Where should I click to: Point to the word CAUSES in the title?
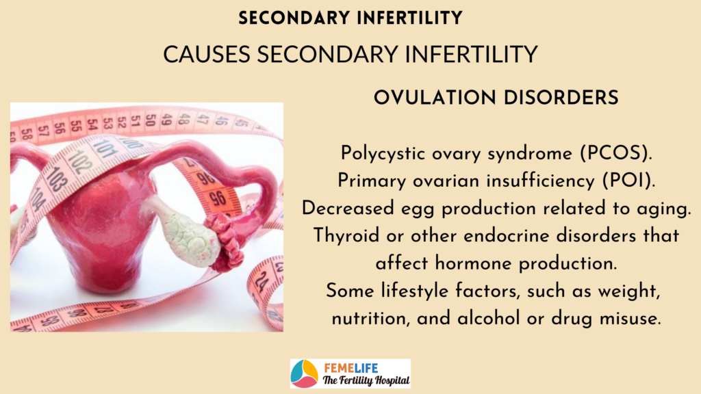pos(207,55)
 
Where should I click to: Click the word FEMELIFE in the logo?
pos(351,368)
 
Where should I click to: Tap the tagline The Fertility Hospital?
pos(366,380)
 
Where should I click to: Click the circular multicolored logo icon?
pos(304,373)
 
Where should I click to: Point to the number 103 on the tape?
pos(55,179)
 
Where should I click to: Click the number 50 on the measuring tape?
pos(151,120)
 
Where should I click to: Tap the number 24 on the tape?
pos(261,281)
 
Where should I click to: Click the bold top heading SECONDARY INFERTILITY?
pos(350,18)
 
